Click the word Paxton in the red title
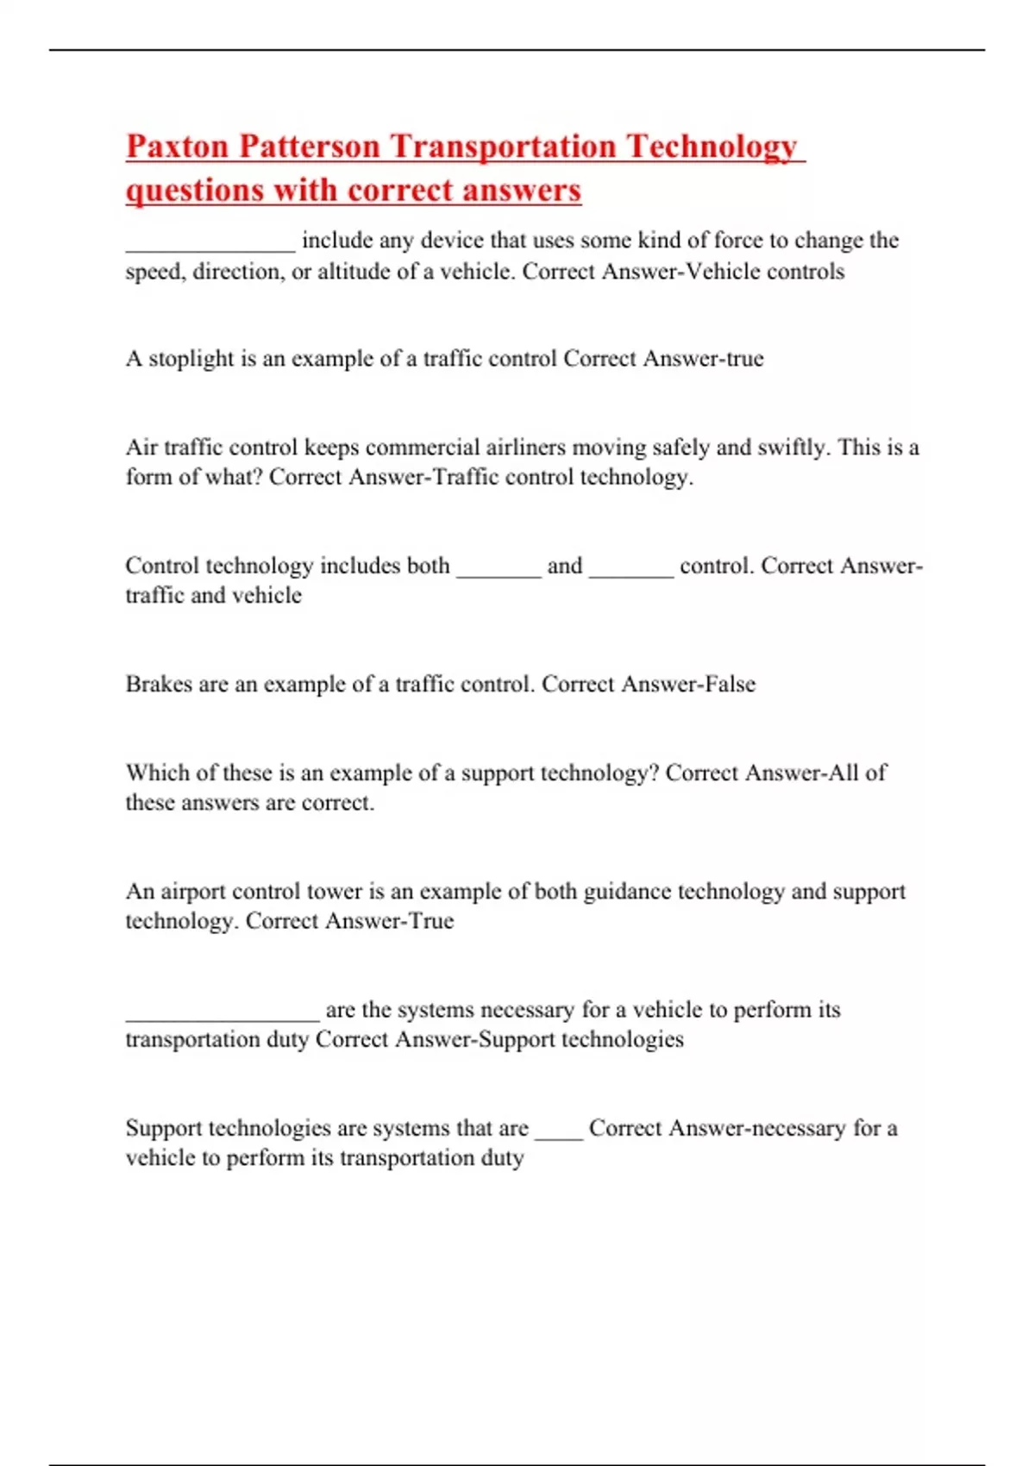(178, 147)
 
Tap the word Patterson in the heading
(309, 147)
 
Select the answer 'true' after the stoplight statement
(745, 359)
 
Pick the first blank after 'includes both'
(499, 571)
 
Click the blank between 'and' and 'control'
(631, 571)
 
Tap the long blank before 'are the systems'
(223, 1016)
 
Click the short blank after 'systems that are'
(559, 1134)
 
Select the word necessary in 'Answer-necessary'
(798, 1129)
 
